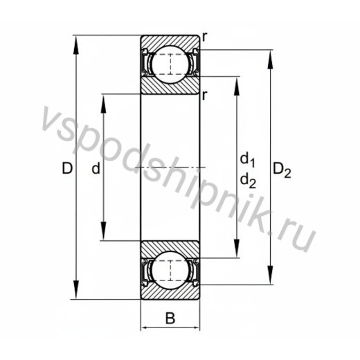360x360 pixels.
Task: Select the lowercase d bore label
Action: pyautogui.click(x=96, y=168)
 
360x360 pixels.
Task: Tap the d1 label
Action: pyautogui.click(x=247, y=160)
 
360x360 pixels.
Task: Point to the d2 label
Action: pyautogui.click(x=248, y=180)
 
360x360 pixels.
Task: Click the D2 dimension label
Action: pyautogui.click(x=282, y=170)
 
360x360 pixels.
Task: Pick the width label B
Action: pyautogui.click(x=170, y=318)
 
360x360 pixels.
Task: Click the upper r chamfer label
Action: pyautogui.click(x=204, y=37)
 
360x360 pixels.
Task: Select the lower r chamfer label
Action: pyautogui.click(x=204, y=96)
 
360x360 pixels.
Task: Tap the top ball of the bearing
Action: pyautogui.click(x=170, y=64)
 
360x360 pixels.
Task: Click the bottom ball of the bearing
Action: pyautogui.click(x=170, y=270)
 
